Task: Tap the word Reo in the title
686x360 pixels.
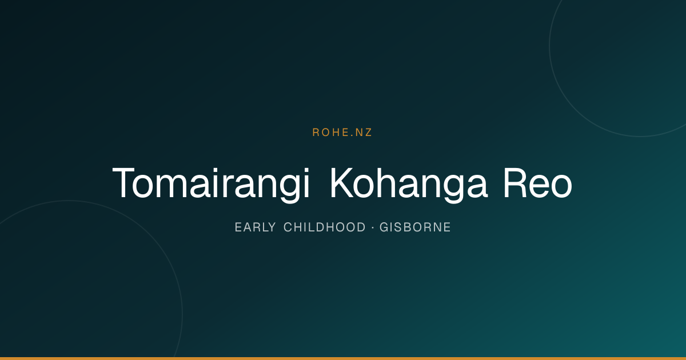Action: [x=538, y=183]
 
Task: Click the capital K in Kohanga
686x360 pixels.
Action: [x=341, y=183]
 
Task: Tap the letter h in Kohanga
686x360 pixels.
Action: [x=387, y=183]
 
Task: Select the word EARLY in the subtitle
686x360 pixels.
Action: [x=256, y=227]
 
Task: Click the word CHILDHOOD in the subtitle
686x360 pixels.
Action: [x=325, y=227]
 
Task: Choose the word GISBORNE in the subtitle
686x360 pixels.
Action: [x=415, y=227]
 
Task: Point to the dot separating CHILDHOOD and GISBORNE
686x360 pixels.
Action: [x=373, y=228]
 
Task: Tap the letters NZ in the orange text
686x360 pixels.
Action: [x=364, y=132]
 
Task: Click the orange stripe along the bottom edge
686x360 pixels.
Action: [x=343, y=358]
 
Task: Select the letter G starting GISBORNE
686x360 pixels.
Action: [x=384, y=227]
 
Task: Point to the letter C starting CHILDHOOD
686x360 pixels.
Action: [x=288, y=227]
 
